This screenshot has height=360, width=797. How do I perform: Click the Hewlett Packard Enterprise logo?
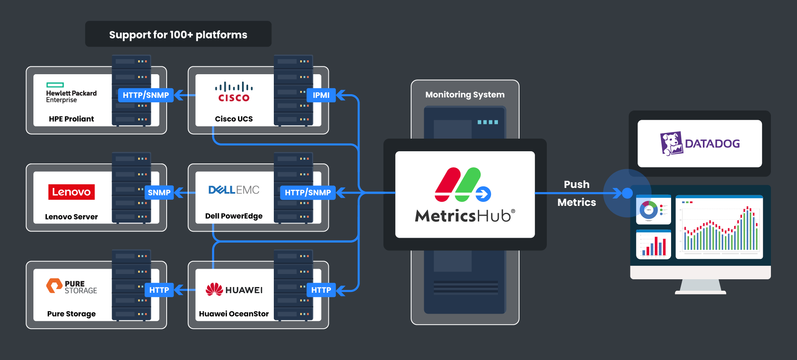71,93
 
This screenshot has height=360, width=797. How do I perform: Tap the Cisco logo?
234,92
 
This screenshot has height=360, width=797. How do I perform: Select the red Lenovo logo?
71,192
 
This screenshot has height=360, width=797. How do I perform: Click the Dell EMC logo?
234,190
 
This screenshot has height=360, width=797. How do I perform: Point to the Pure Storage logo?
72,286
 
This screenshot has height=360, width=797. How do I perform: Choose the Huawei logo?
234,289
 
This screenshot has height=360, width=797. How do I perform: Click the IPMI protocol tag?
321,95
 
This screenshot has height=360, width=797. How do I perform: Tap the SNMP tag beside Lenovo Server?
159,192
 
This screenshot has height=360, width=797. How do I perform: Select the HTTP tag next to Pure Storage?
159,290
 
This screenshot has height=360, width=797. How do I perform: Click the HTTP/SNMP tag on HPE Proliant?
145,95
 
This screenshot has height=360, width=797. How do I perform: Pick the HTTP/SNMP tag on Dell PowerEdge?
308,192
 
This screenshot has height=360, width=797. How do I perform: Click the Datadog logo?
700,144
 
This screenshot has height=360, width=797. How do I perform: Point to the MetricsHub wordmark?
465,216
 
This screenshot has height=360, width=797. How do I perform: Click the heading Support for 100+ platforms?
178,35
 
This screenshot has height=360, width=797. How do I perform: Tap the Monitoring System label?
465,95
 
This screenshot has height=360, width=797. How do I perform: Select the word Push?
577,184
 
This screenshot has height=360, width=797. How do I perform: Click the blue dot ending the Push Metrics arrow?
627,193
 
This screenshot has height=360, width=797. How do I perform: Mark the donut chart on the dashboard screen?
649,210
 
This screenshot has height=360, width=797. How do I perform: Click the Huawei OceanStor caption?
234,314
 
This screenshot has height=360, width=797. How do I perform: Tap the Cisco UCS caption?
234,119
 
